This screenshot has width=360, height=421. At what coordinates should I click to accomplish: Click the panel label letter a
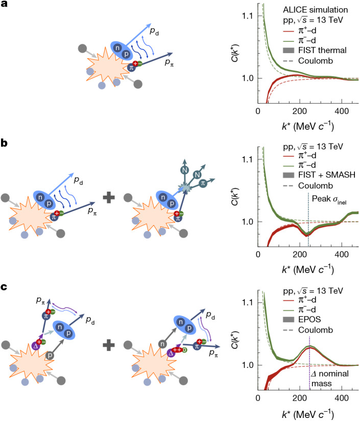pos(4,4)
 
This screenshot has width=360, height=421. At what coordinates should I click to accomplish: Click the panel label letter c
pos(4,287)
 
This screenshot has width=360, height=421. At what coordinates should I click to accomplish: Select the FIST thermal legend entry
pos(315,50)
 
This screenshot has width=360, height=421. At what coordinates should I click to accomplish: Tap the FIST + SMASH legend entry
pos(319,175)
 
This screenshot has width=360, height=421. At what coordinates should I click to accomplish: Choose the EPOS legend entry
pos(302,319)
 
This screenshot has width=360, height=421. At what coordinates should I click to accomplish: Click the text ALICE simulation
pos(315,10)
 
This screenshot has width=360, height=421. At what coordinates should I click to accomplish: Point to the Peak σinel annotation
pos(329,199)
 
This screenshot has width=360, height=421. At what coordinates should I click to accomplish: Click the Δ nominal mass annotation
pos(330,378)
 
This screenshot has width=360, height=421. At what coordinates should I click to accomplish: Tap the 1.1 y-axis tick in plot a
pos(247,16)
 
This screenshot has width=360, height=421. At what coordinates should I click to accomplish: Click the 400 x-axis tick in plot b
pos(342,254)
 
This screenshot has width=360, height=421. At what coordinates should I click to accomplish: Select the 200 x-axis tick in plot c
pos(300,397)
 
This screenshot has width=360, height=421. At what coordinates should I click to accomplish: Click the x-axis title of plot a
pos(308,126)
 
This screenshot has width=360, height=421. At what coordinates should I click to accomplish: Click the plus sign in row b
pos(109,198)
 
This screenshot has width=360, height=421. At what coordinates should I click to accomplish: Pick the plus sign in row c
pos(109,345)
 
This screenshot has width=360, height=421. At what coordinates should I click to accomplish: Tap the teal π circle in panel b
pos(203,183)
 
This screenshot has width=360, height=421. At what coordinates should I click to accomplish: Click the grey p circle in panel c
pos(50,356)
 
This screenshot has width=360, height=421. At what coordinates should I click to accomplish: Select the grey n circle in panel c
pos(162,344)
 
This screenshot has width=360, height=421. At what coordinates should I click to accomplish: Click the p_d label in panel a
pos(154,31)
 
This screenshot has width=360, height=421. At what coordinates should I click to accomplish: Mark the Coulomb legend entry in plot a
pos(308,61)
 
